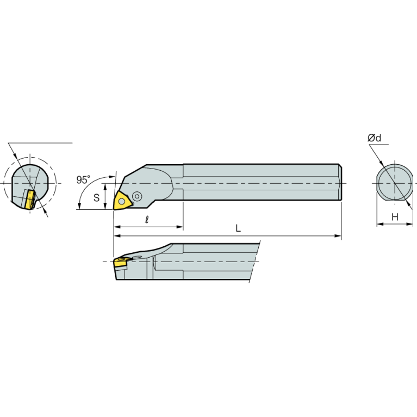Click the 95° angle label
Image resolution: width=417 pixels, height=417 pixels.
83,180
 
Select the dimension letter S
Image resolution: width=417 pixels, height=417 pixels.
97,197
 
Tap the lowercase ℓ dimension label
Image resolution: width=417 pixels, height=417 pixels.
147,220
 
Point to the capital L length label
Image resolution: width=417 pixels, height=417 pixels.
238,228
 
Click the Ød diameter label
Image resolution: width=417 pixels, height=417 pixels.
374,138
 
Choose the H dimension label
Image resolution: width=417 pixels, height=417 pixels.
395,217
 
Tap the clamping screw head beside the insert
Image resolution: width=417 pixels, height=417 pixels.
137,196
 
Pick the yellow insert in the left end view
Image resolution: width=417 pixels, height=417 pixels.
29,200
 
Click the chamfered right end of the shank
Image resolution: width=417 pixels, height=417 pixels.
340,182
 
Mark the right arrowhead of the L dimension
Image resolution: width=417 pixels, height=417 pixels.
338,236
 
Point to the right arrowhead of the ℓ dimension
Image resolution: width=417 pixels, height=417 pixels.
180,227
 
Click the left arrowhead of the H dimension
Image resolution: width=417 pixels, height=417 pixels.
380,224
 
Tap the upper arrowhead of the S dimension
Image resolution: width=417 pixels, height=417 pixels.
105,186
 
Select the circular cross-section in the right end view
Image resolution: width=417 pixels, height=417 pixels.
395,183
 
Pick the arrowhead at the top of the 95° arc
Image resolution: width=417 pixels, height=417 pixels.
112,176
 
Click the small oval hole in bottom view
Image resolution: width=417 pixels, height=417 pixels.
137,257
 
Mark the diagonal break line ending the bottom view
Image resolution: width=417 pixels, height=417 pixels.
254,262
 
